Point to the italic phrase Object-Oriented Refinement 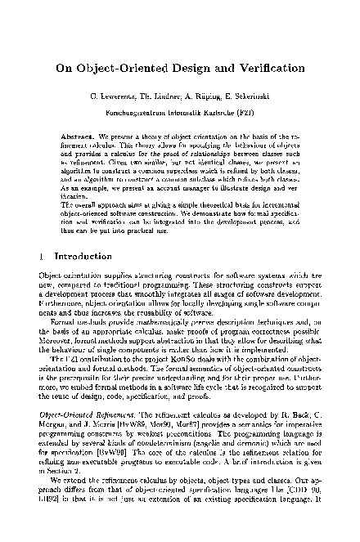(x=82, y=404)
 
